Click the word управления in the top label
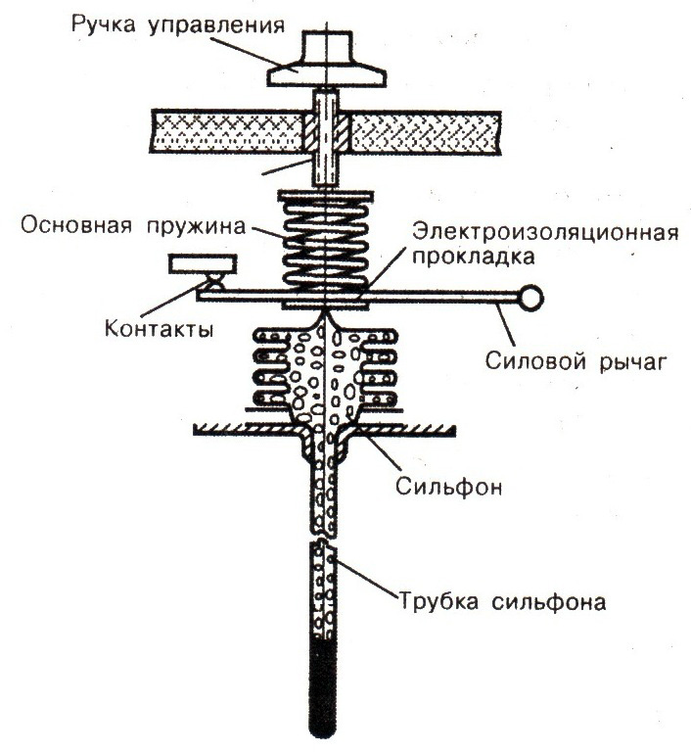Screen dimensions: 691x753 (216, 25)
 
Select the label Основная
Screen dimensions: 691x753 (75, 225)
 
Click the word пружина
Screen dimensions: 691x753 (196, 226)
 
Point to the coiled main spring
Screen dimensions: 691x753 (326, 244)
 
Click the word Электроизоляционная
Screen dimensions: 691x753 (546, 232)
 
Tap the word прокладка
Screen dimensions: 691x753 (474, 257)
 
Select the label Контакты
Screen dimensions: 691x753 (159, 329)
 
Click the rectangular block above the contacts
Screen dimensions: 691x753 (203, 264)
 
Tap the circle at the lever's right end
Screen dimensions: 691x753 (531, 299)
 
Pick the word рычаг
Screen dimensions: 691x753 (633, 363)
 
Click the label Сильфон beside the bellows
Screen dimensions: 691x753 (448, 488)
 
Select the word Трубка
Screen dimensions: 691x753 (438, 601)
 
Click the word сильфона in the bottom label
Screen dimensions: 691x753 (549, 602)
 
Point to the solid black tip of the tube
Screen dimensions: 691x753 (323, 685)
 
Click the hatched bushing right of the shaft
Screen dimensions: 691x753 (345, 133)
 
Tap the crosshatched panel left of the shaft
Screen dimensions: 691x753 (228, 133)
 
